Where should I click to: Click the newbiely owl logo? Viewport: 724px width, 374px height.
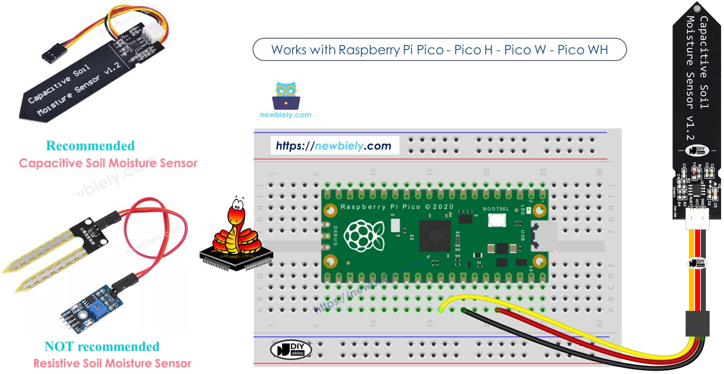pyautogui.click(x=286, y=96)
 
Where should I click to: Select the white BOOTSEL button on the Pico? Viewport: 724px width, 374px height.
pyautogui.click(x=496, y=233)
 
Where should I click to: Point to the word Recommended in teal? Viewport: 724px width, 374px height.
pyautogui.click(x=90, y=146)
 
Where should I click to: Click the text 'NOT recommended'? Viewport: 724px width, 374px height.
pyautogui.click(x=102, y=347)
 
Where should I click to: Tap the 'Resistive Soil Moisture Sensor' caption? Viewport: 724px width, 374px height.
pyautogui.click(x=112, y=363)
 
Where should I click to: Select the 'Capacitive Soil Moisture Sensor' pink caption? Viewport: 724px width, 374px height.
pyautogui.click(x=108, y=163)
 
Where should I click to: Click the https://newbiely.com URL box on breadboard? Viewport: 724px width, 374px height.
pyautogui.click(x=334, y=146)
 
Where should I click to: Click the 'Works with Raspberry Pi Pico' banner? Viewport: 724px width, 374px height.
pyautogui.click(x=439, y=50)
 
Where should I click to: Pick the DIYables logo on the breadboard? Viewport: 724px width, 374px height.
pyautogui.click(x=291, y=350)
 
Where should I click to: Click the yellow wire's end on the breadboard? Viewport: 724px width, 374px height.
pyautogui.click(x=441, y=310)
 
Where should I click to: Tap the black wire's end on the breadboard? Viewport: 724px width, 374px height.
pyautogui.click(x=463, y=310)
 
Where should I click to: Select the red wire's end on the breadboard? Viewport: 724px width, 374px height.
pyautogui.click(x=497, y=310)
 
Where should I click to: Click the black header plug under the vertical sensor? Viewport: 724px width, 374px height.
pyautogui.click(x=697, y=324)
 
